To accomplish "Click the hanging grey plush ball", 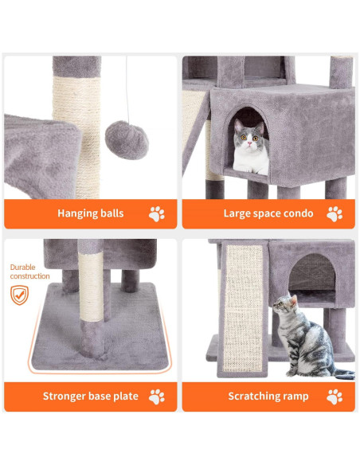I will [x=127, y=140].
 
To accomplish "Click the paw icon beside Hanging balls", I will [x=157, y=213].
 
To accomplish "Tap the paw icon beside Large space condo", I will [x=335, y=213].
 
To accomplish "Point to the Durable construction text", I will [x=29, y=271].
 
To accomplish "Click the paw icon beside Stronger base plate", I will [x=157, y=396].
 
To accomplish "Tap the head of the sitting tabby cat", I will [x=284, y=307].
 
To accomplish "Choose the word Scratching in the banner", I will [x=255, y=396].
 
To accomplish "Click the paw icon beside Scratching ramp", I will [x=335, y=396].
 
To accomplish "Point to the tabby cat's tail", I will [x=341, y=373].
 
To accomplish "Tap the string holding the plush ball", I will [x=127, y=88].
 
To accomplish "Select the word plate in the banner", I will [x=126, y=396].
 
